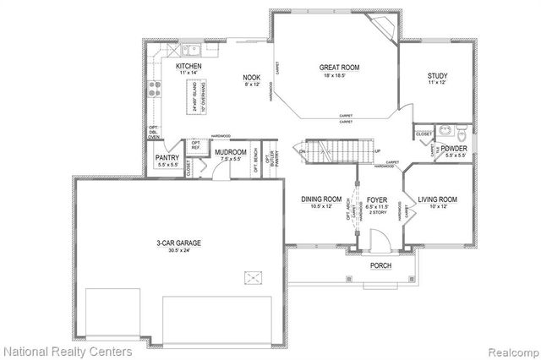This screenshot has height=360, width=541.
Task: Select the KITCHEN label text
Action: coord(188,66)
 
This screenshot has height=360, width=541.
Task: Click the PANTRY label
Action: coord(165,157)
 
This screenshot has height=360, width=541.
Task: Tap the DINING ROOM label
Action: coord(321,200)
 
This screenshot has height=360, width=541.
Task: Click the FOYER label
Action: coord(376,200)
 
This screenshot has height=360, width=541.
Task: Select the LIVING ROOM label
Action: coord(438,200)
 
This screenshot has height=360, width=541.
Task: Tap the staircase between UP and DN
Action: coord(334,152)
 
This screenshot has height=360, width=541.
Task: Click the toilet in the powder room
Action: coord(461,133)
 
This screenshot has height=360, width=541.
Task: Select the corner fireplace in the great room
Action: coord(385,27)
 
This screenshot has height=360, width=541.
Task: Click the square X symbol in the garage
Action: coord(252,277)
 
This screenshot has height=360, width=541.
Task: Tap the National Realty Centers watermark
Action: coord(68,350)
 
